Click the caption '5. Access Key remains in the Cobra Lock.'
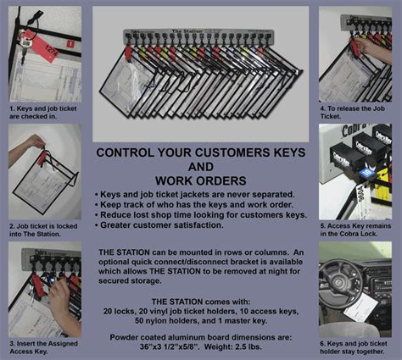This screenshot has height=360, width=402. pyautogui.click(x=355, y=230)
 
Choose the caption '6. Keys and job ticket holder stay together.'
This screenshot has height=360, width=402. pyautogui.click(x=355, y=346)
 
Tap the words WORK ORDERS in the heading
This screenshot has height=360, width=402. pyautogui.click(x=201, y=180)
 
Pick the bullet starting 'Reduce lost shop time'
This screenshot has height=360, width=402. pyautogui.click(x=204, y=215)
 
